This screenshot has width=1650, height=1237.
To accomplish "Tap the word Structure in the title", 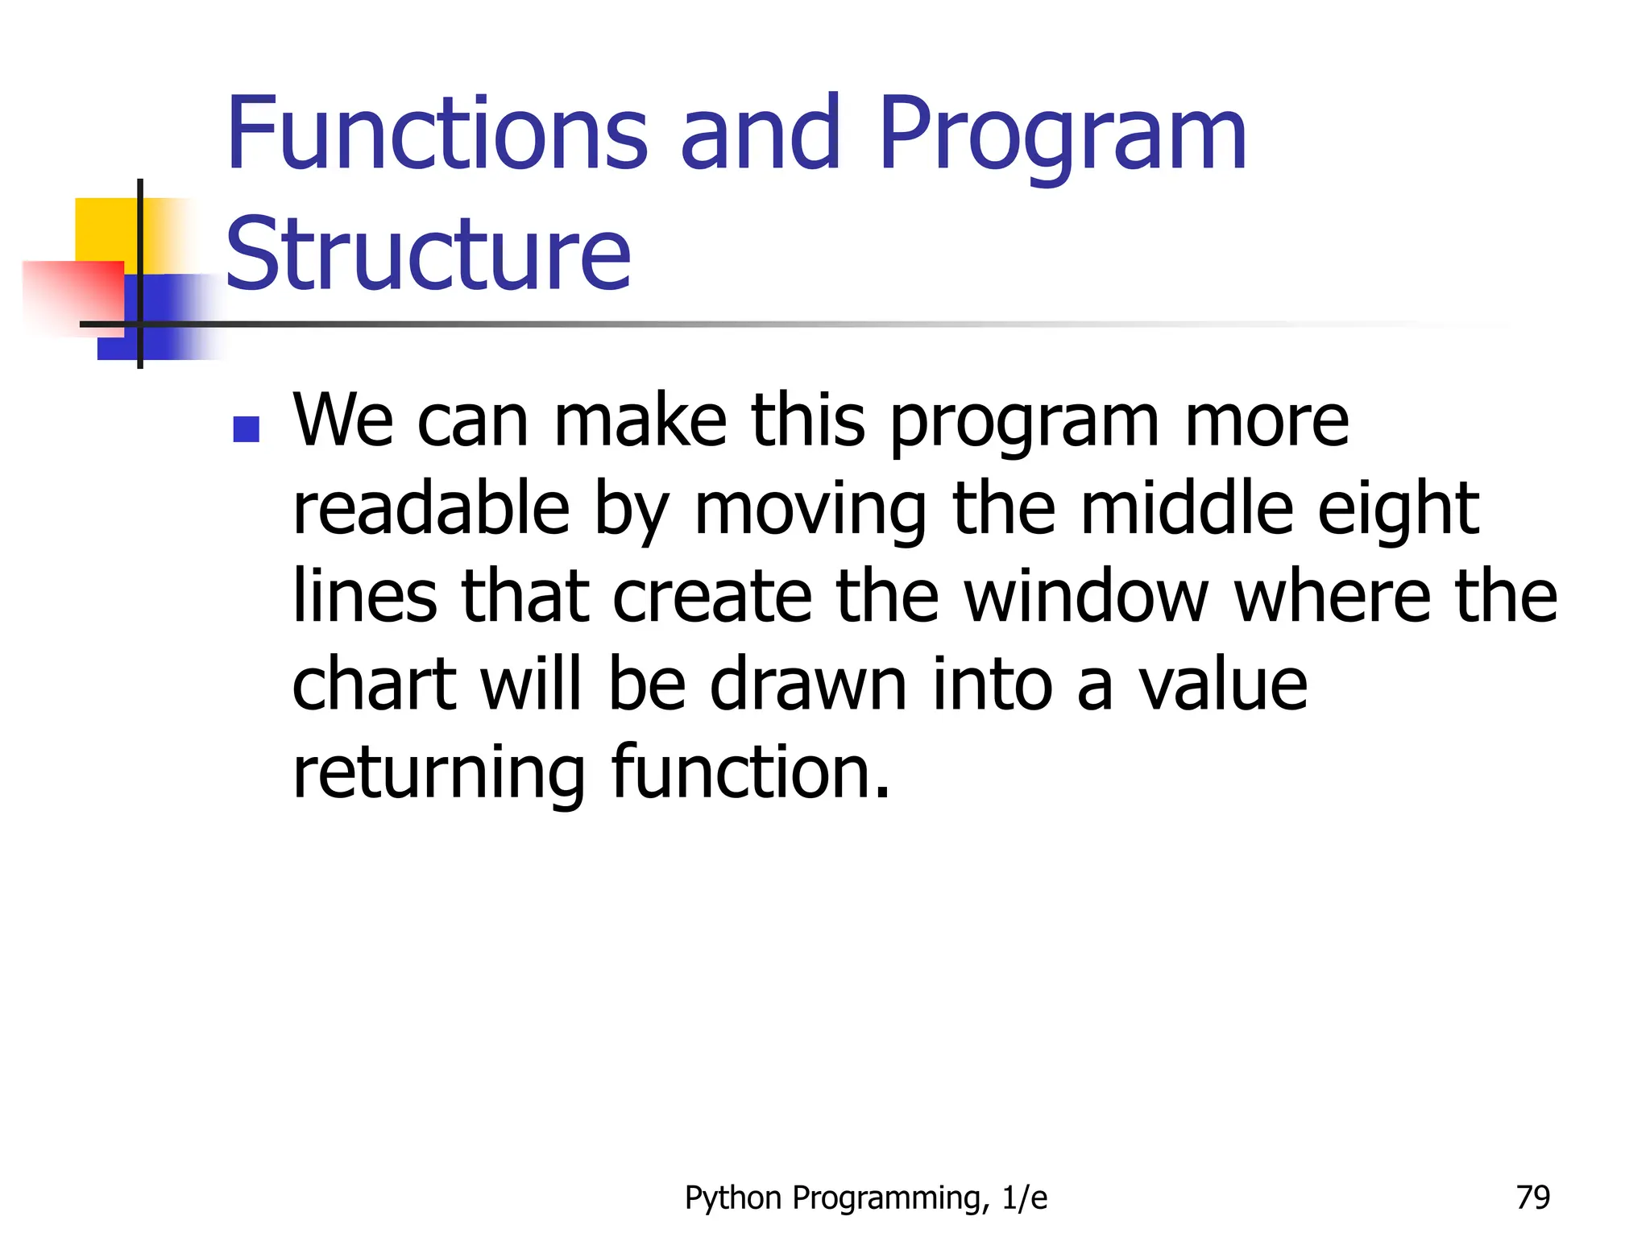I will point(428,254).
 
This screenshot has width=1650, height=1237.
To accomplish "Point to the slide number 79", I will point(1532,1198).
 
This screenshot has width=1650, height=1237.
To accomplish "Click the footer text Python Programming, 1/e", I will point(866,1198).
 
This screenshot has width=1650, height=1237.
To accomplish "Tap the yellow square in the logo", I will point(105,230).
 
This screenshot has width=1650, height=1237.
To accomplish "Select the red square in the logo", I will point(73,294).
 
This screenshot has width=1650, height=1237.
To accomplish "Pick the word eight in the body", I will point(1398,511).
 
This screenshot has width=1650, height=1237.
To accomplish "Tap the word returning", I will point(438,773).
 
